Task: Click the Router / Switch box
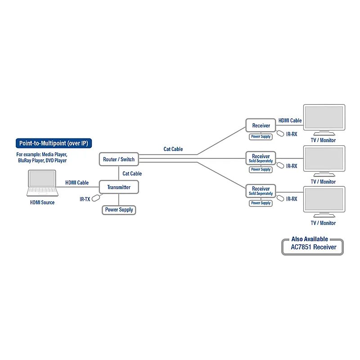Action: click(119, 159)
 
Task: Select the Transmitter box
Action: click(119, 187)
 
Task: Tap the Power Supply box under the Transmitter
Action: click(119, 210)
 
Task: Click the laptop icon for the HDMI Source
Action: click(42, 183)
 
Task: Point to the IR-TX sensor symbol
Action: click(96, 198)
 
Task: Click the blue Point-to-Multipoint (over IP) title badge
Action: click(54, 143)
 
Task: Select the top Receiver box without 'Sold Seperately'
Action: click(261, 126)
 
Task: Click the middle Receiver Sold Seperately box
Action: click(261, 158)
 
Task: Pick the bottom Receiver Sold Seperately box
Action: click(261, 191)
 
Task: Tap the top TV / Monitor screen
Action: click(324, 117)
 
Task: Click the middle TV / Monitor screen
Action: click(324, 159)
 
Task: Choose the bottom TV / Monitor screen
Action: click(324, 199)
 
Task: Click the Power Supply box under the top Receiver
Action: click(261, 137)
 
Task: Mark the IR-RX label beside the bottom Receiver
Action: click(292, 199)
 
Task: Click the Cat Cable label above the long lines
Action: click(173, 149)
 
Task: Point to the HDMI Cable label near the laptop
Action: click(77, 183)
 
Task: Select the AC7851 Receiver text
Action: click(313, 247)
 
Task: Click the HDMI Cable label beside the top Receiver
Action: click(290, 121)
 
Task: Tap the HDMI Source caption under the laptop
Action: click(42, 202)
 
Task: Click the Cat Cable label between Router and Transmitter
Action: click(132, 174)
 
